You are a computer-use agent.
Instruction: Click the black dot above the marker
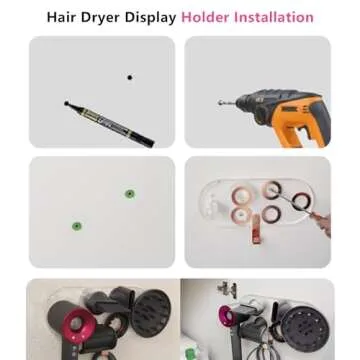129,77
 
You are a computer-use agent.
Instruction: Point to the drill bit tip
219,103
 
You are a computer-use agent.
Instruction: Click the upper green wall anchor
129,193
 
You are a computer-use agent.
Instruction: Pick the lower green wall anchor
77,225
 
